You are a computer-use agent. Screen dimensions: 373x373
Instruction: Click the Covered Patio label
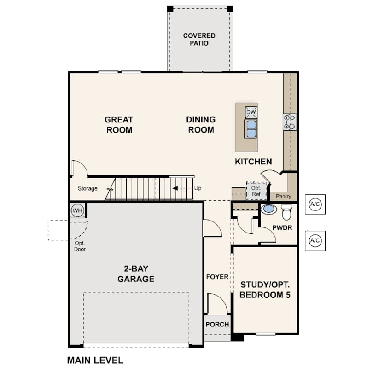click(199, 39)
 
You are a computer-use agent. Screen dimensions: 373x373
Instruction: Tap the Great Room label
click(119, 125)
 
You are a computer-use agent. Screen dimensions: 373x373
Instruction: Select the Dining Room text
click(201, 125)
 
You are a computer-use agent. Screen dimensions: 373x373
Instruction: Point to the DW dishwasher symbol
click(251, 112)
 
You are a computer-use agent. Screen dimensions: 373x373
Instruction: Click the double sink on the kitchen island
click(251, 128)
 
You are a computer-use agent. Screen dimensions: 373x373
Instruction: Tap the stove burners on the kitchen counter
click(290, 122)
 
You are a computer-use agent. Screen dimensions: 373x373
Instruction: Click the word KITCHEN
click(253, 162)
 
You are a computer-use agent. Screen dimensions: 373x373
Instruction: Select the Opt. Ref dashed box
click(256, 191)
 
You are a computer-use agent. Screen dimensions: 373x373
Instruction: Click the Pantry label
click(283, 196)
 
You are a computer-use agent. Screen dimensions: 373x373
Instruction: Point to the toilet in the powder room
click(286, 212)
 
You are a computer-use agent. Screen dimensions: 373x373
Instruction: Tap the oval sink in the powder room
click(268, 210)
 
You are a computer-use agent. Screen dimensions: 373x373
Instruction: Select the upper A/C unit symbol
click(315, 204)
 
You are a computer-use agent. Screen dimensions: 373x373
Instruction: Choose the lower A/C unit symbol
click(315, 240)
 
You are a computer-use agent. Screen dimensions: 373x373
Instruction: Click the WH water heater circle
click(77, 210)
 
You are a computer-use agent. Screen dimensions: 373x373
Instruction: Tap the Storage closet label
click(87, 188)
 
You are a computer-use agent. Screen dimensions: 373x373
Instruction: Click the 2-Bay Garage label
click(136, 274)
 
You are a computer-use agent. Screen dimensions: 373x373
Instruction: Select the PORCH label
click(217, 324)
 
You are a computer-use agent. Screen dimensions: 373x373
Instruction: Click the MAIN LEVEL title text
click(95, 360)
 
